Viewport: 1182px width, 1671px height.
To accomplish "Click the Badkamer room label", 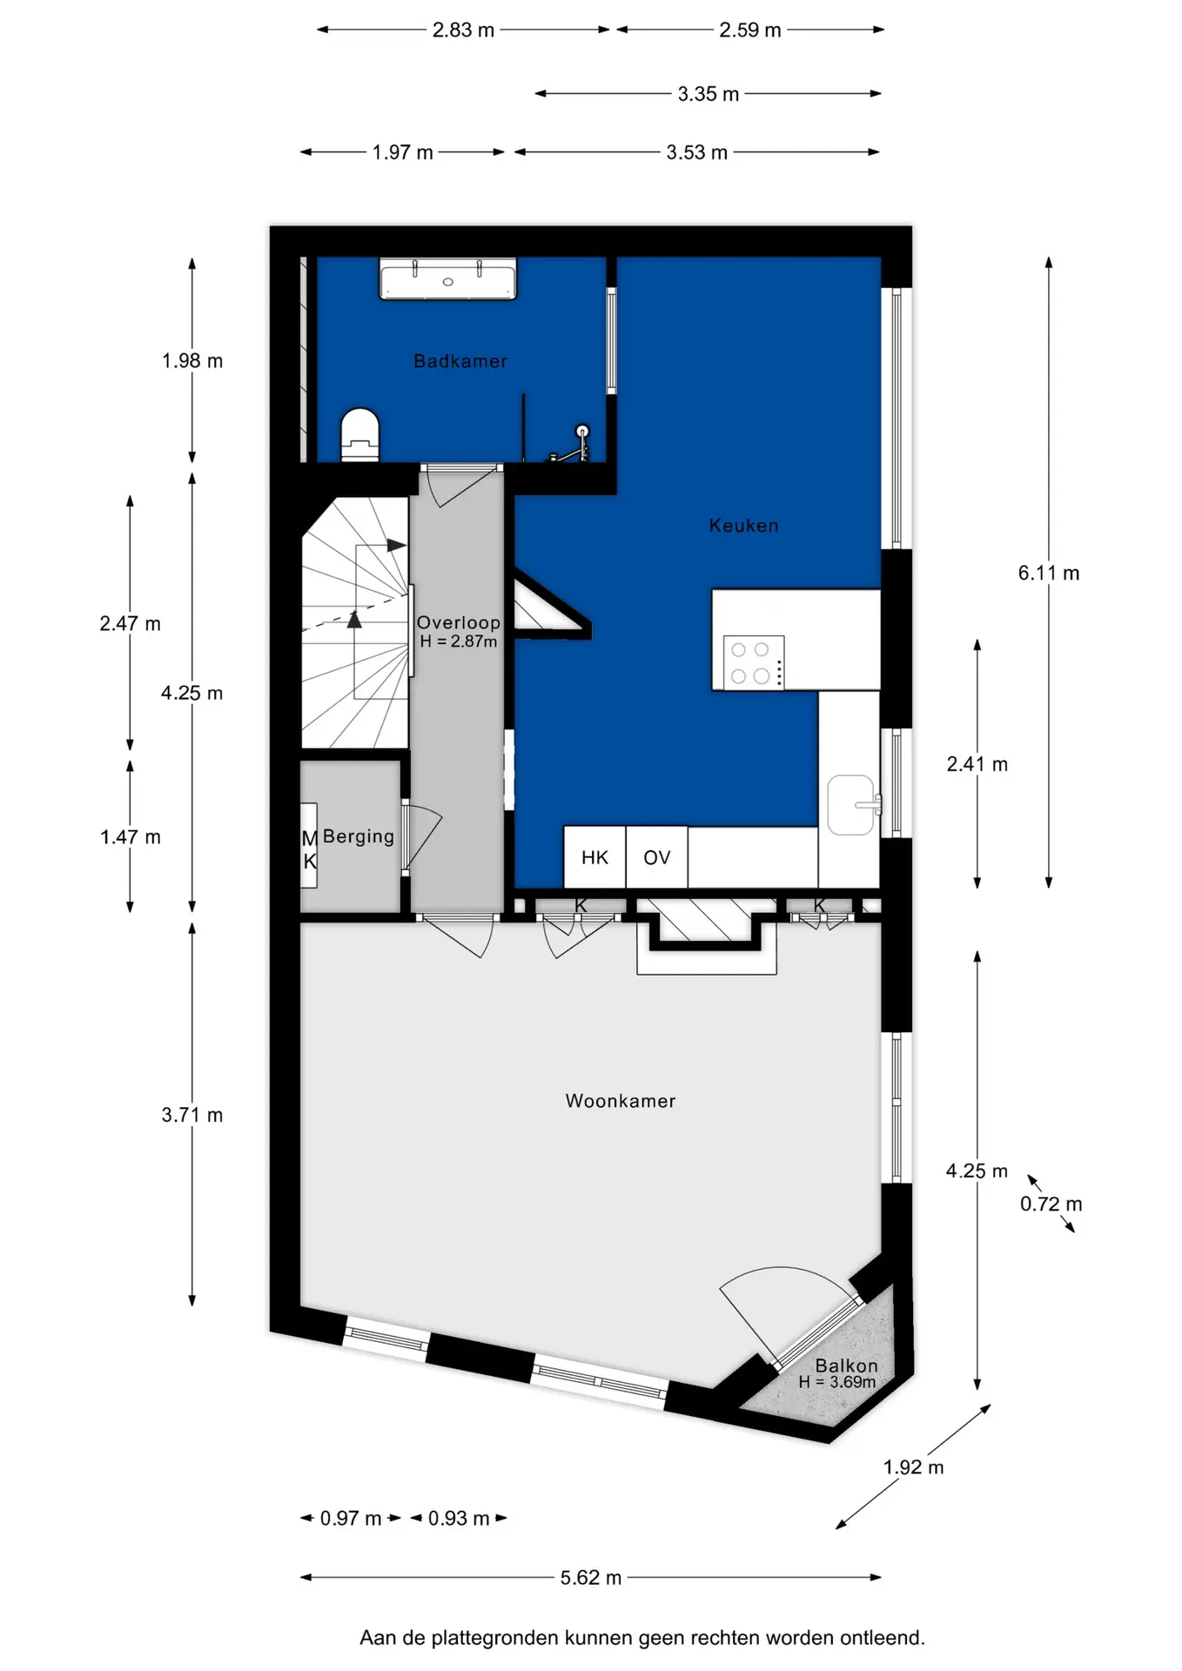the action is pos(460,361).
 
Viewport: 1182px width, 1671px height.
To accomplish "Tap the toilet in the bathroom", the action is pos(359,435).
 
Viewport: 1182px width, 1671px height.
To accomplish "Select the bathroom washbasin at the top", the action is pos(447,278).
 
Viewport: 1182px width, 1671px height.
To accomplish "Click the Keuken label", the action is pos(743,526).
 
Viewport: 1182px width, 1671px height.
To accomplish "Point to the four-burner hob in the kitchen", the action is pos(754,662).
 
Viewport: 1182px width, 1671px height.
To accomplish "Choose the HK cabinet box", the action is pos(594,857).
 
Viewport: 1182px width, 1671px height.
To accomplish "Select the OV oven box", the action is pos(657,857).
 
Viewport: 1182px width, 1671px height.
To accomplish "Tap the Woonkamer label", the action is pos(621,1101).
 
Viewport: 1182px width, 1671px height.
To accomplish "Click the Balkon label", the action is pos(846,1366).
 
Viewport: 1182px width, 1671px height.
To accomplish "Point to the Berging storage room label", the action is pos(359,836).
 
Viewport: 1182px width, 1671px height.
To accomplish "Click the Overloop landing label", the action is pos(459,622).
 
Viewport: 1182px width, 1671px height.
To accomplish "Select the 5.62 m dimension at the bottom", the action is pos(591,1577).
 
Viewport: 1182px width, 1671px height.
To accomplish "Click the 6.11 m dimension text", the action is pos(1049,573).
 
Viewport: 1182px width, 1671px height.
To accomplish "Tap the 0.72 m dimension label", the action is pos(1051,1204).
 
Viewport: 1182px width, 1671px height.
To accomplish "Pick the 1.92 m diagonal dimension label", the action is pos(913,1466).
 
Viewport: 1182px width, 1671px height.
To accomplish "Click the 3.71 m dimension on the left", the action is pos(192,1115).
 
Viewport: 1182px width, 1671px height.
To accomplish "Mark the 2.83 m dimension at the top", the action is pos(463,30).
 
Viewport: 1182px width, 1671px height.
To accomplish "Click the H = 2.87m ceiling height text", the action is pos(459,641).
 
